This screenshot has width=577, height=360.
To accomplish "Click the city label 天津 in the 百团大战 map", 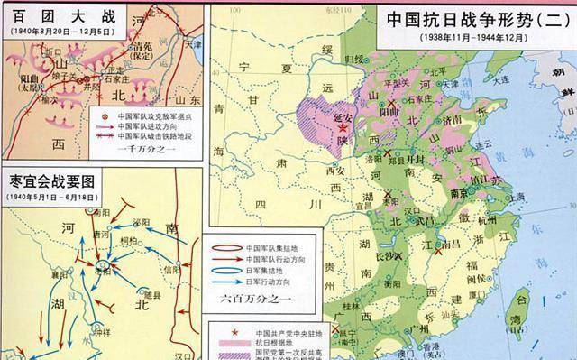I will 192,43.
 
